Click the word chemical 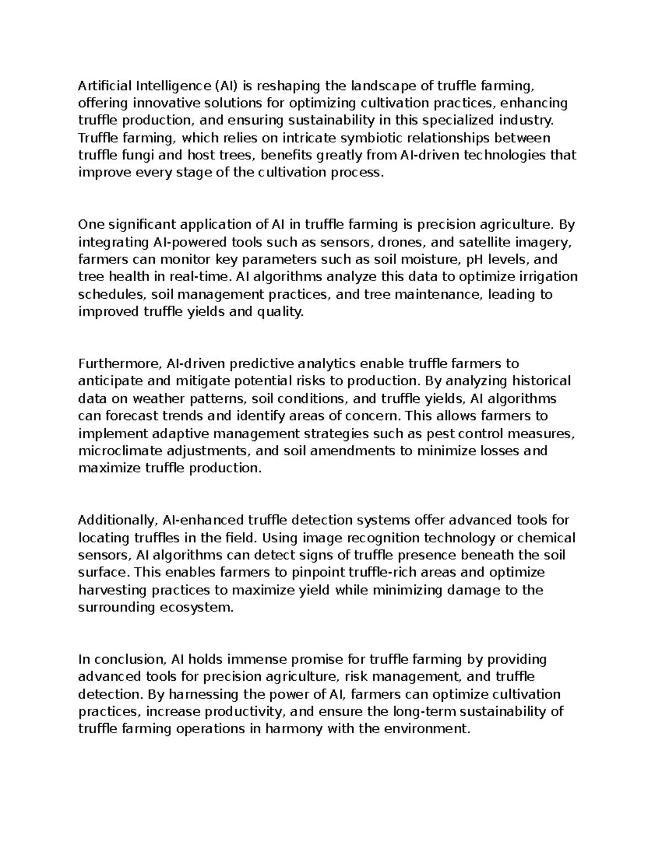coord(547,537)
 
